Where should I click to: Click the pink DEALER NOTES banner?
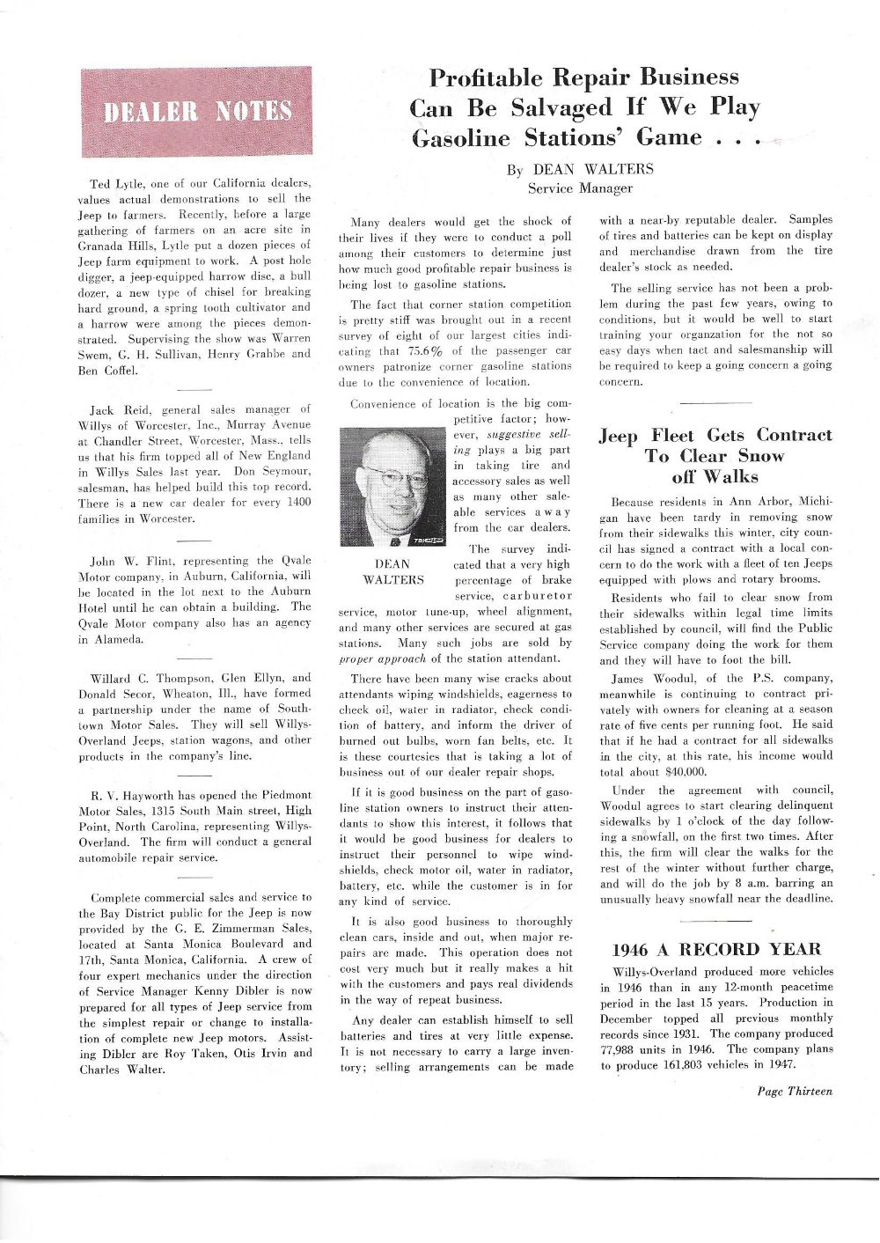tap(196, 112)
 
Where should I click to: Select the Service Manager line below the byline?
tap(580, 188)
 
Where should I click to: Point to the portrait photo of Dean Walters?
tap(392, 487)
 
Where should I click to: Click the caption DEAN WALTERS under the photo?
tap(392, 572)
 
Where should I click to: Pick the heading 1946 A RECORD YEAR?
tap(715, 949)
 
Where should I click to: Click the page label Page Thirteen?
tap(794, 1092)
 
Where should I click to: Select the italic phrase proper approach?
tap(382, 658)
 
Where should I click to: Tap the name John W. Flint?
tap(128, 561)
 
